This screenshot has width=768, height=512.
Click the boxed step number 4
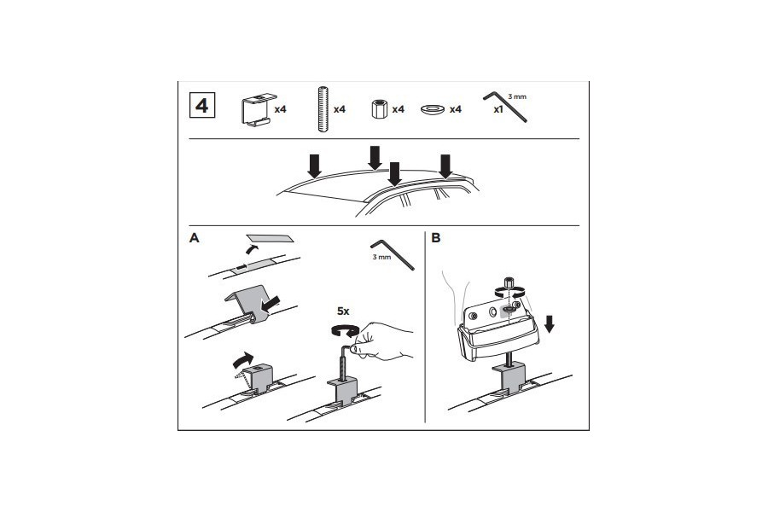pyautogui.click(x=201, y=107)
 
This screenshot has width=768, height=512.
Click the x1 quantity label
pyautogui.click(x=498, y=109)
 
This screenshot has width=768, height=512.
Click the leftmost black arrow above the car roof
pyautogui.click(x=314, y=165)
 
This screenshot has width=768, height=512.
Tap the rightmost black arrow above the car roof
pyautogui.click(x=445, y=166)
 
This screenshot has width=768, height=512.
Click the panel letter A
pyautogui.click(x=194, y=238)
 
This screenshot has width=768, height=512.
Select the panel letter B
pyautogui.click(x=436, y=238)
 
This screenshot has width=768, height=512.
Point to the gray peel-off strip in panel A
pyautogui.click(x=269, y=238)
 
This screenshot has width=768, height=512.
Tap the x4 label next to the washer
pyautogui.click(x=456, y=109)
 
